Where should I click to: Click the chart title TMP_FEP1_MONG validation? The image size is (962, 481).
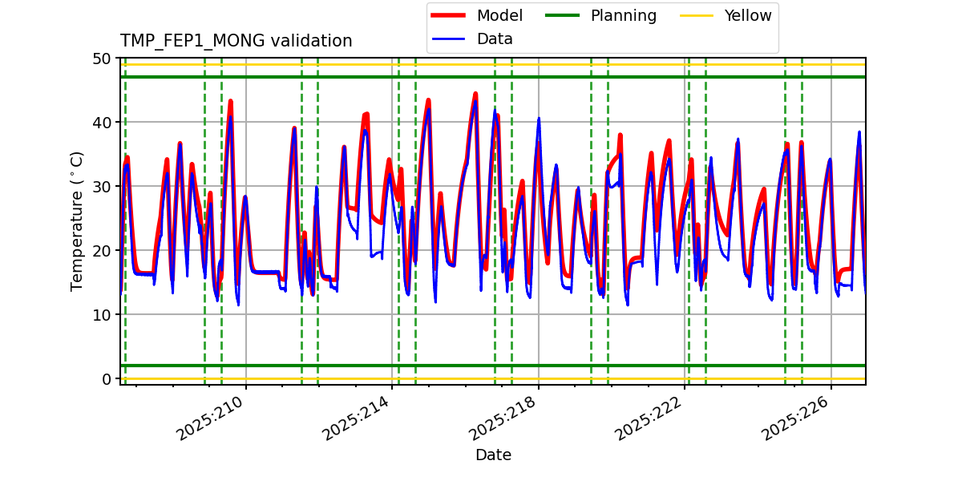coord(236,41)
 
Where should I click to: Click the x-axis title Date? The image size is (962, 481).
coord(493,455)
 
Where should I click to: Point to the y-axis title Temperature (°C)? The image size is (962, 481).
coord(77,220)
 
